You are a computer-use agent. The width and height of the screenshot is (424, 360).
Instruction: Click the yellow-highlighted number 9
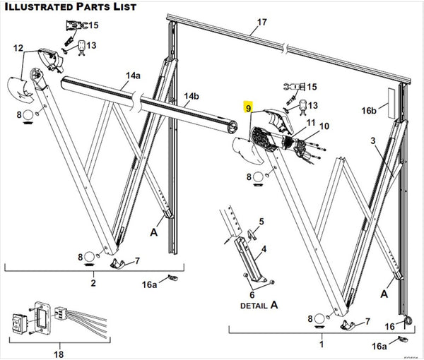pos(248,107)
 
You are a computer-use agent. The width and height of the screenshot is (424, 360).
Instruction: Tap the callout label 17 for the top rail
pos(261,22)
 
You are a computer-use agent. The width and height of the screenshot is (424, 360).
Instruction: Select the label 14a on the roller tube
pos(134,76)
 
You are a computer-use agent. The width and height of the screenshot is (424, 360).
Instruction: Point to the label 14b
pos(192,96)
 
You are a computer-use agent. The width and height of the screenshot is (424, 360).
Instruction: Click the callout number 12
pos(18,48)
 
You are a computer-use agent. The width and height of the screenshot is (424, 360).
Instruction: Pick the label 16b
pos(369,110)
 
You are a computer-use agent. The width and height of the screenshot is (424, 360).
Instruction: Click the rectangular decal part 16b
pos(391,102)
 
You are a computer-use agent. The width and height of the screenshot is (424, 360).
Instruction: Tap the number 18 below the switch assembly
pos(59,354)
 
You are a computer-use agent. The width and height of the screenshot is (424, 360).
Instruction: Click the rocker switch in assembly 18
pos(19,323)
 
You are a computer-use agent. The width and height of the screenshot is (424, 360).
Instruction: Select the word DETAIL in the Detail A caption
pos(254,306)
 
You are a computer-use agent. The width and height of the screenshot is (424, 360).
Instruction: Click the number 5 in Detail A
pos(261,222)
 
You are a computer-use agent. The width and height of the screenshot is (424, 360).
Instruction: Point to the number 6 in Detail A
pos(252,294)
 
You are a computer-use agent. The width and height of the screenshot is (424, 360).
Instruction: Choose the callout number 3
pos(373,140)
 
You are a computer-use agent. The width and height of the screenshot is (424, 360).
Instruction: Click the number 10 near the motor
pos(324,126)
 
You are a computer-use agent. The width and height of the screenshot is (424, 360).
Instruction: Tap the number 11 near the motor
pos(311,122)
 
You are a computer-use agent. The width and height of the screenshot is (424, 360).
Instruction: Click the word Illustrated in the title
pos(39,7)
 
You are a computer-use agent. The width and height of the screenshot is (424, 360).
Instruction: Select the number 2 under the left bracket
pos(93,283)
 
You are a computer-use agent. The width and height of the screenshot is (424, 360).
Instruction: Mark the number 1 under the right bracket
pos(322,344)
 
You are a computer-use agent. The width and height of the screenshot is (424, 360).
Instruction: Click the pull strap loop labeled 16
pos(408,321)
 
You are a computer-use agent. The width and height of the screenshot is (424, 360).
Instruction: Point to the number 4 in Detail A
pos(264,248)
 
